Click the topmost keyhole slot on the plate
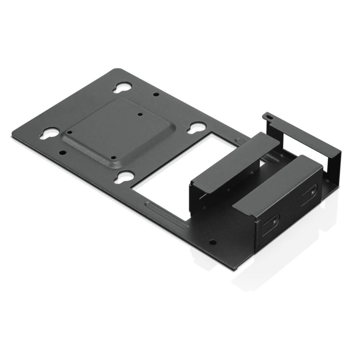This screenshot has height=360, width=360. click(x=122, y=87)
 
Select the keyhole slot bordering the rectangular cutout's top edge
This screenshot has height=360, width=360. click(x=197, y=127)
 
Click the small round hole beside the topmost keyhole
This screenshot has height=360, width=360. click(x=156, y=94)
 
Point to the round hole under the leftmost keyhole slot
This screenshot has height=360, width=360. click(x=63, y=152)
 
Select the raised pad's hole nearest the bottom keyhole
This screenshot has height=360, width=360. click(x=113, y=157)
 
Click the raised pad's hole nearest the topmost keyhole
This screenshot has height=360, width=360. click(x=140, y=114)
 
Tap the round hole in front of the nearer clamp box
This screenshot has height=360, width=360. click(x=213, y=242)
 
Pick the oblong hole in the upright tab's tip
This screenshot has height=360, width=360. click(x=267, y=116)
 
